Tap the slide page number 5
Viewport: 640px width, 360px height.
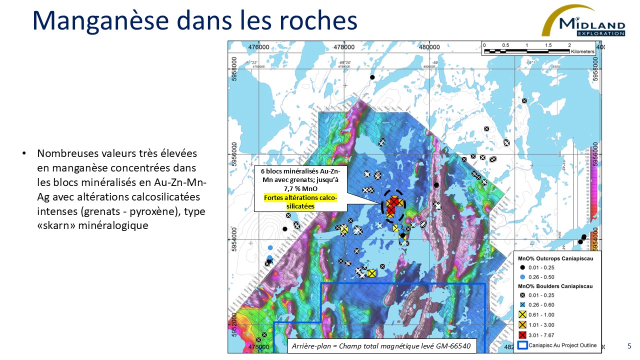[x=629, y=346]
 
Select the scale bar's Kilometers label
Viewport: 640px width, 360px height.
[x=581, y=51]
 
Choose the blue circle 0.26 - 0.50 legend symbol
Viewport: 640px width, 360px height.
[x=523, y=277]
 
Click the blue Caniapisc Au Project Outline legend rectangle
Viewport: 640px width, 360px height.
[x=523, y=344]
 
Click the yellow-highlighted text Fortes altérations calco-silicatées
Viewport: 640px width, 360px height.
[x=296, y=201]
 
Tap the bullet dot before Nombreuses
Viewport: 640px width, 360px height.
[x=23, y=153]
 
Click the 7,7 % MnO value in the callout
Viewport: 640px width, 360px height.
[x=297, y=190]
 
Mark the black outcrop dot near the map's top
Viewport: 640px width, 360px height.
[x=372, y=77]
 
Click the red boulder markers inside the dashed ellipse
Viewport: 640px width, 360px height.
[x=393, y=202]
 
